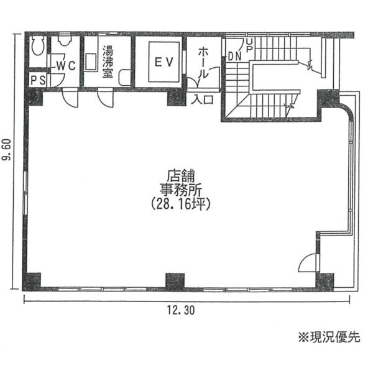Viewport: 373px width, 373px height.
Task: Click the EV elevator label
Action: coord(164,62)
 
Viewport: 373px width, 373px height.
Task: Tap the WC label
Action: coord(67,66)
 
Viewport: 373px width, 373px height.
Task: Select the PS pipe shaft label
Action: coord(38,80)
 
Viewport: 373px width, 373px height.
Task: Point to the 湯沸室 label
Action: coord(108,62)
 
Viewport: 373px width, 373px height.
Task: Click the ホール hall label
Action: coord(203,63)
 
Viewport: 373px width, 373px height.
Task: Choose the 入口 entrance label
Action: coord(203,99)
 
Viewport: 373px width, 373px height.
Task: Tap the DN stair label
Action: coord(234,57)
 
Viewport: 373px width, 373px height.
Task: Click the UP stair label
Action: coord(249,45)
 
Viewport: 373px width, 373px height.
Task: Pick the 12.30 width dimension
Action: coord(181,310)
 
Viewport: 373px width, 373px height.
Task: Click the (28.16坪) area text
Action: coord(181,204)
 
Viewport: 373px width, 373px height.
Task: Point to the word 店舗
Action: coord(181,176)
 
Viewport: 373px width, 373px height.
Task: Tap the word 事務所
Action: coord(181,190)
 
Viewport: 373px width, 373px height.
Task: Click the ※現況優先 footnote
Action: coord(329,337)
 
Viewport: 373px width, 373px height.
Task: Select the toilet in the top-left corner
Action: coord(38,47)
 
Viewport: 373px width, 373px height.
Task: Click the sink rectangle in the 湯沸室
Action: coord(91,62)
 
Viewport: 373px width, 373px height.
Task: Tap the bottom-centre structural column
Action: coord(175,281)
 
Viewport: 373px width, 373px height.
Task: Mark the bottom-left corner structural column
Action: coord(32,282)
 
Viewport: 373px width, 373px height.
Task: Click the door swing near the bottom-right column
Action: coord(308,262)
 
